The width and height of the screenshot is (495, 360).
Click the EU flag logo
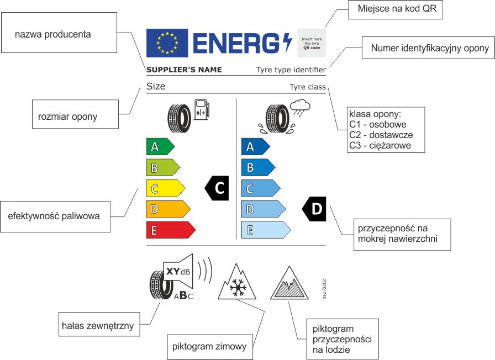tap(167, 43)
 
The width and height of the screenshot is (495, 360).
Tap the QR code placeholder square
tap(311, 43)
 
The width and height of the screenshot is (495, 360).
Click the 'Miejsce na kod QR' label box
tap(396, 9)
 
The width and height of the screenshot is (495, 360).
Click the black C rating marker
tap(217, 188)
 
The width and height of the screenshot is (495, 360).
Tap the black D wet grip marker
tap(314, 209)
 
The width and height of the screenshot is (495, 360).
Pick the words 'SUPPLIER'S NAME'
tap(184, 70)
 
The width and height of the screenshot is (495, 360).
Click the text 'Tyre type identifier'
tap(291, 70)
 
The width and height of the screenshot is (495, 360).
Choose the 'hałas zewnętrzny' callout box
tap(98, 326)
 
